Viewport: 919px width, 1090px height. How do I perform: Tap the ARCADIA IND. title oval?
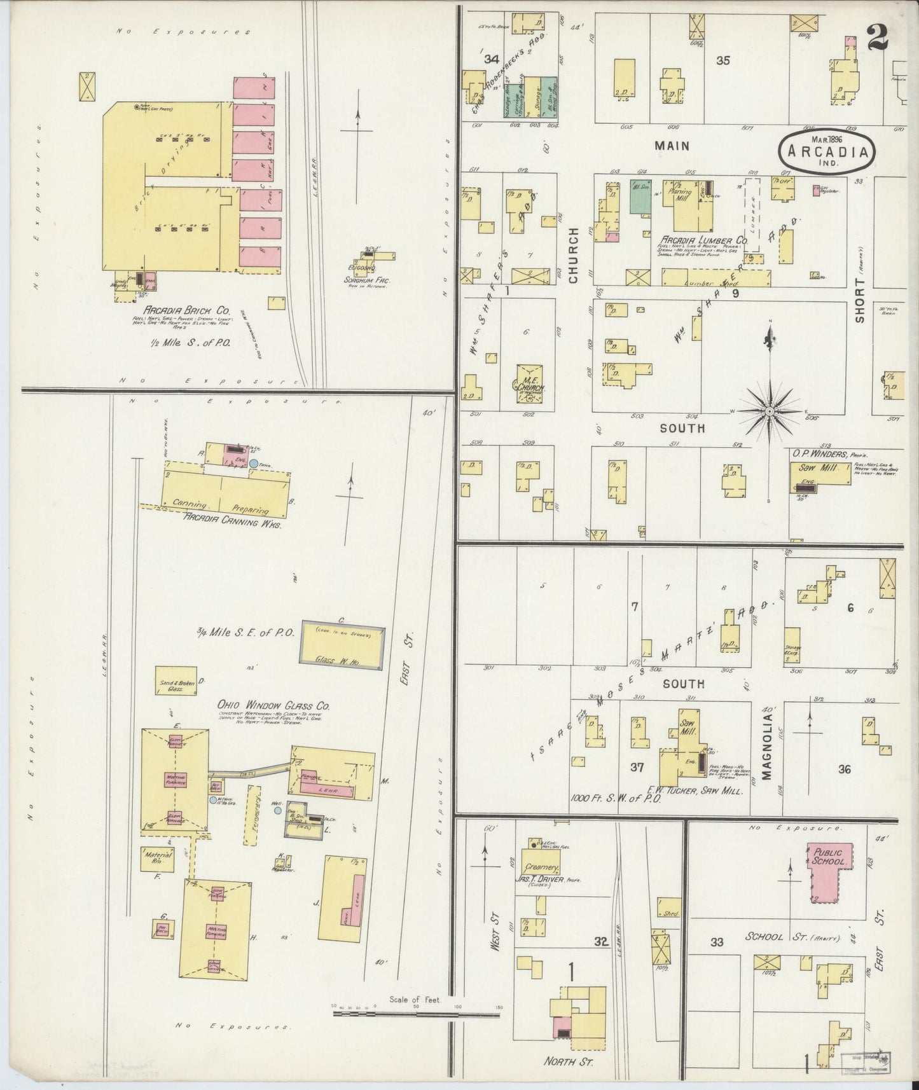point(826,151)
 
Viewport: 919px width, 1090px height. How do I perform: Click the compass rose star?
point(770,411)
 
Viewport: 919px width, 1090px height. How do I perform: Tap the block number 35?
point(722,61)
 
